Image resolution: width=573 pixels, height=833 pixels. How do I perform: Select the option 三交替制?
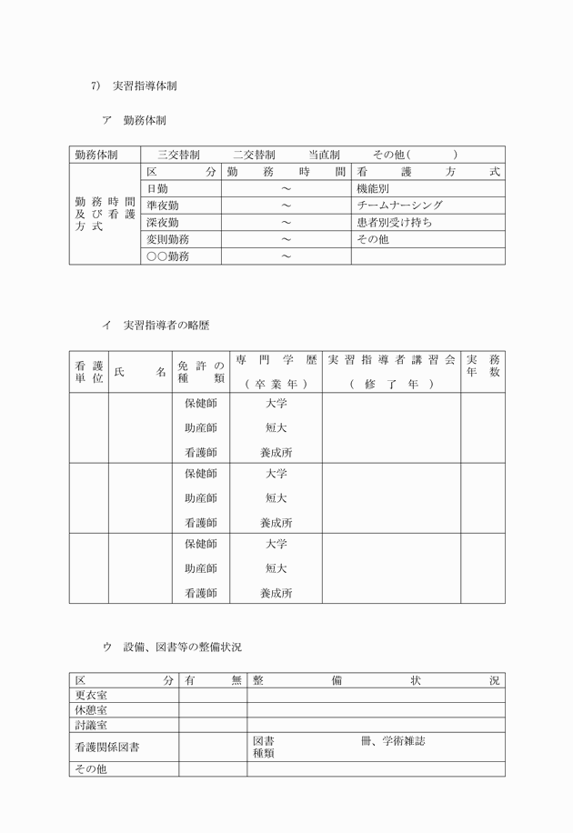click(178, 155)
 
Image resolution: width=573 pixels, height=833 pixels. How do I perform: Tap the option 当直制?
click(324, 155)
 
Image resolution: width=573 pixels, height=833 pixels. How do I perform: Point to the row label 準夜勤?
click(162, 206)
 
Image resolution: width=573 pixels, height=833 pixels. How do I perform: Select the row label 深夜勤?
click(162, 223)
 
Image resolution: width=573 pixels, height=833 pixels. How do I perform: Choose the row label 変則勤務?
click(167, 239)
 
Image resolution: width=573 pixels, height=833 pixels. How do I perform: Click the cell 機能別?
click(373, 188)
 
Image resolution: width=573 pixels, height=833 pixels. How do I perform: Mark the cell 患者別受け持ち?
click(394, 223)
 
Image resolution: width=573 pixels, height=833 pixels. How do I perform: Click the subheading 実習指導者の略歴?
click(166, 325)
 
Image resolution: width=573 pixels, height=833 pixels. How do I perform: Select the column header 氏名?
click(140, 372)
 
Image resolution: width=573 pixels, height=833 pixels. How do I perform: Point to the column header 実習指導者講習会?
click(390, 360)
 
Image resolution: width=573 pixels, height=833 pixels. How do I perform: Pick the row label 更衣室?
click(91, 696)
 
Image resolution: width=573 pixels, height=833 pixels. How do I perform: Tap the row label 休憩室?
click(91, 710)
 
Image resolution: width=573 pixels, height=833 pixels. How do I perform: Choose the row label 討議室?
click(91, 726)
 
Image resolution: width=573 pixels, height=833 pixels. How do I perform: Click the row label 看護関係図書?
click(107, 747)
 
